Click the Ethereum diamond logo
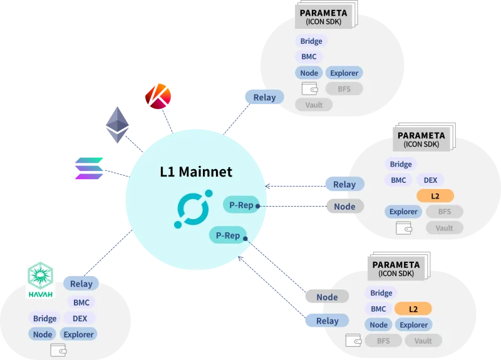(117, 125)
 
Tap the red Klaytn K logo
(158, 96)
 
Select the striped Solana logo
(89, 168)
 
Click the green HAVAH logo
(40, 280)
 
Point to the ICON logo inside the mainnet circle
(194, 209)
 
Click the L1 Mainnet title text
(196, 172)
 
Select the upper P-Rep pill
(241, 205)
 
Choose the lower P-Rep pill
(228, 235)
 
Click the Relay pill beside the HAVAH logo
(81, 284)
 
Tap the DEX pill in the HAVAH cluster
(80, 319)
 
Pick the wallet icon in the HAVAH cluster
(58, 350)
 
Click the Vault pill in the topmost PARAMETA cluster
(314, 105)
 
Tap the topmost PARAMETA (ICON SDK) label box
(324, 17)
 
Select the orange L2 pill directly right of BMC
(413, 309)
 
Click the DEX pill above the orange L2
(430, 180)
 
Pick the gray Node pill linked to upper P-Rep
(345, 207)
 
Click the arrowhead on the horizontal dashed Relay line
(267, 186)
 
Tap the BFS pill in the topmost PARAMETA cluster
(344, 89)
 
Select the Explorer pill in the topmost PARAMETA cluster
(344, 73)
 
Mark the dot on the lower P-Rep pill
(245, 239)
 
